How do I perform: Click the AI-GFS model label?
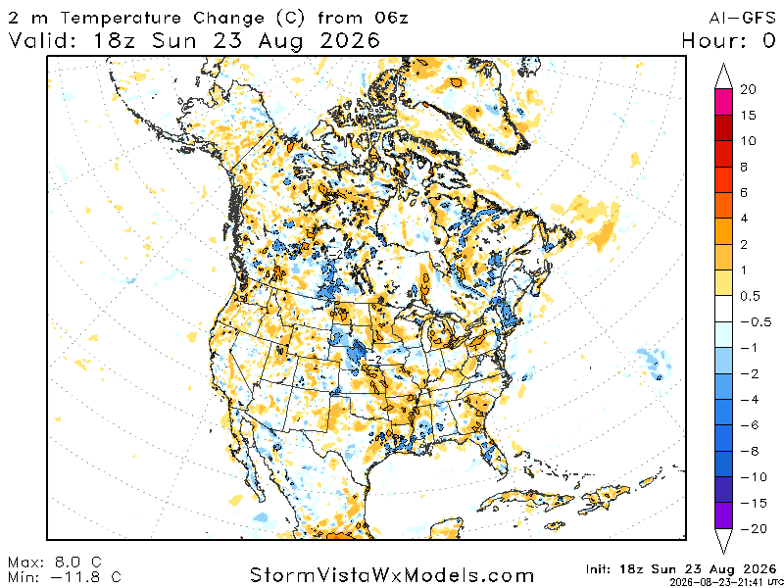point(742,18)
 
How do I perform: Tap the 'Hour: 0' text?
point(728,40)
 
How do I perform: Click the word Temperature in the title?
point(122,19)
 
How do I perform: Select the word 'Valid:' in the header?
point(41,40)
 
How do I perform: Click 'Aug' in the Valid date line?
point(279,41)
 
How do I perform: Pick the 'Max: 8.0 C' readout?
point(55,563)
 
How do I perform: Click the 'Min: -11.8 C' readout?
point(65,577)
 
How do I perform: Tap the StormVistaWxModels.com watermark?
point(391,574)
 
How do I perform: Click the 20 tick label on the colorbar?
point(748,89)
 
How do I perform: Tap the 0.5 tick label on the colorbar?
point(750,296)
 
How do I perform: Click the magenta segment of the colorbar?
point(723,102)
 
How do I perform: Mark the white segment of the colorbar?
point(723,309)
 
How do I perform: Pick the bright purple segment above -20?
point(723,515)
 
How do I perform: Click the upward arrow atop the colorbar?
point(723,76)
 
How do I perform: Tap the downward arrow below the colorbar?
point(723,541)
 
